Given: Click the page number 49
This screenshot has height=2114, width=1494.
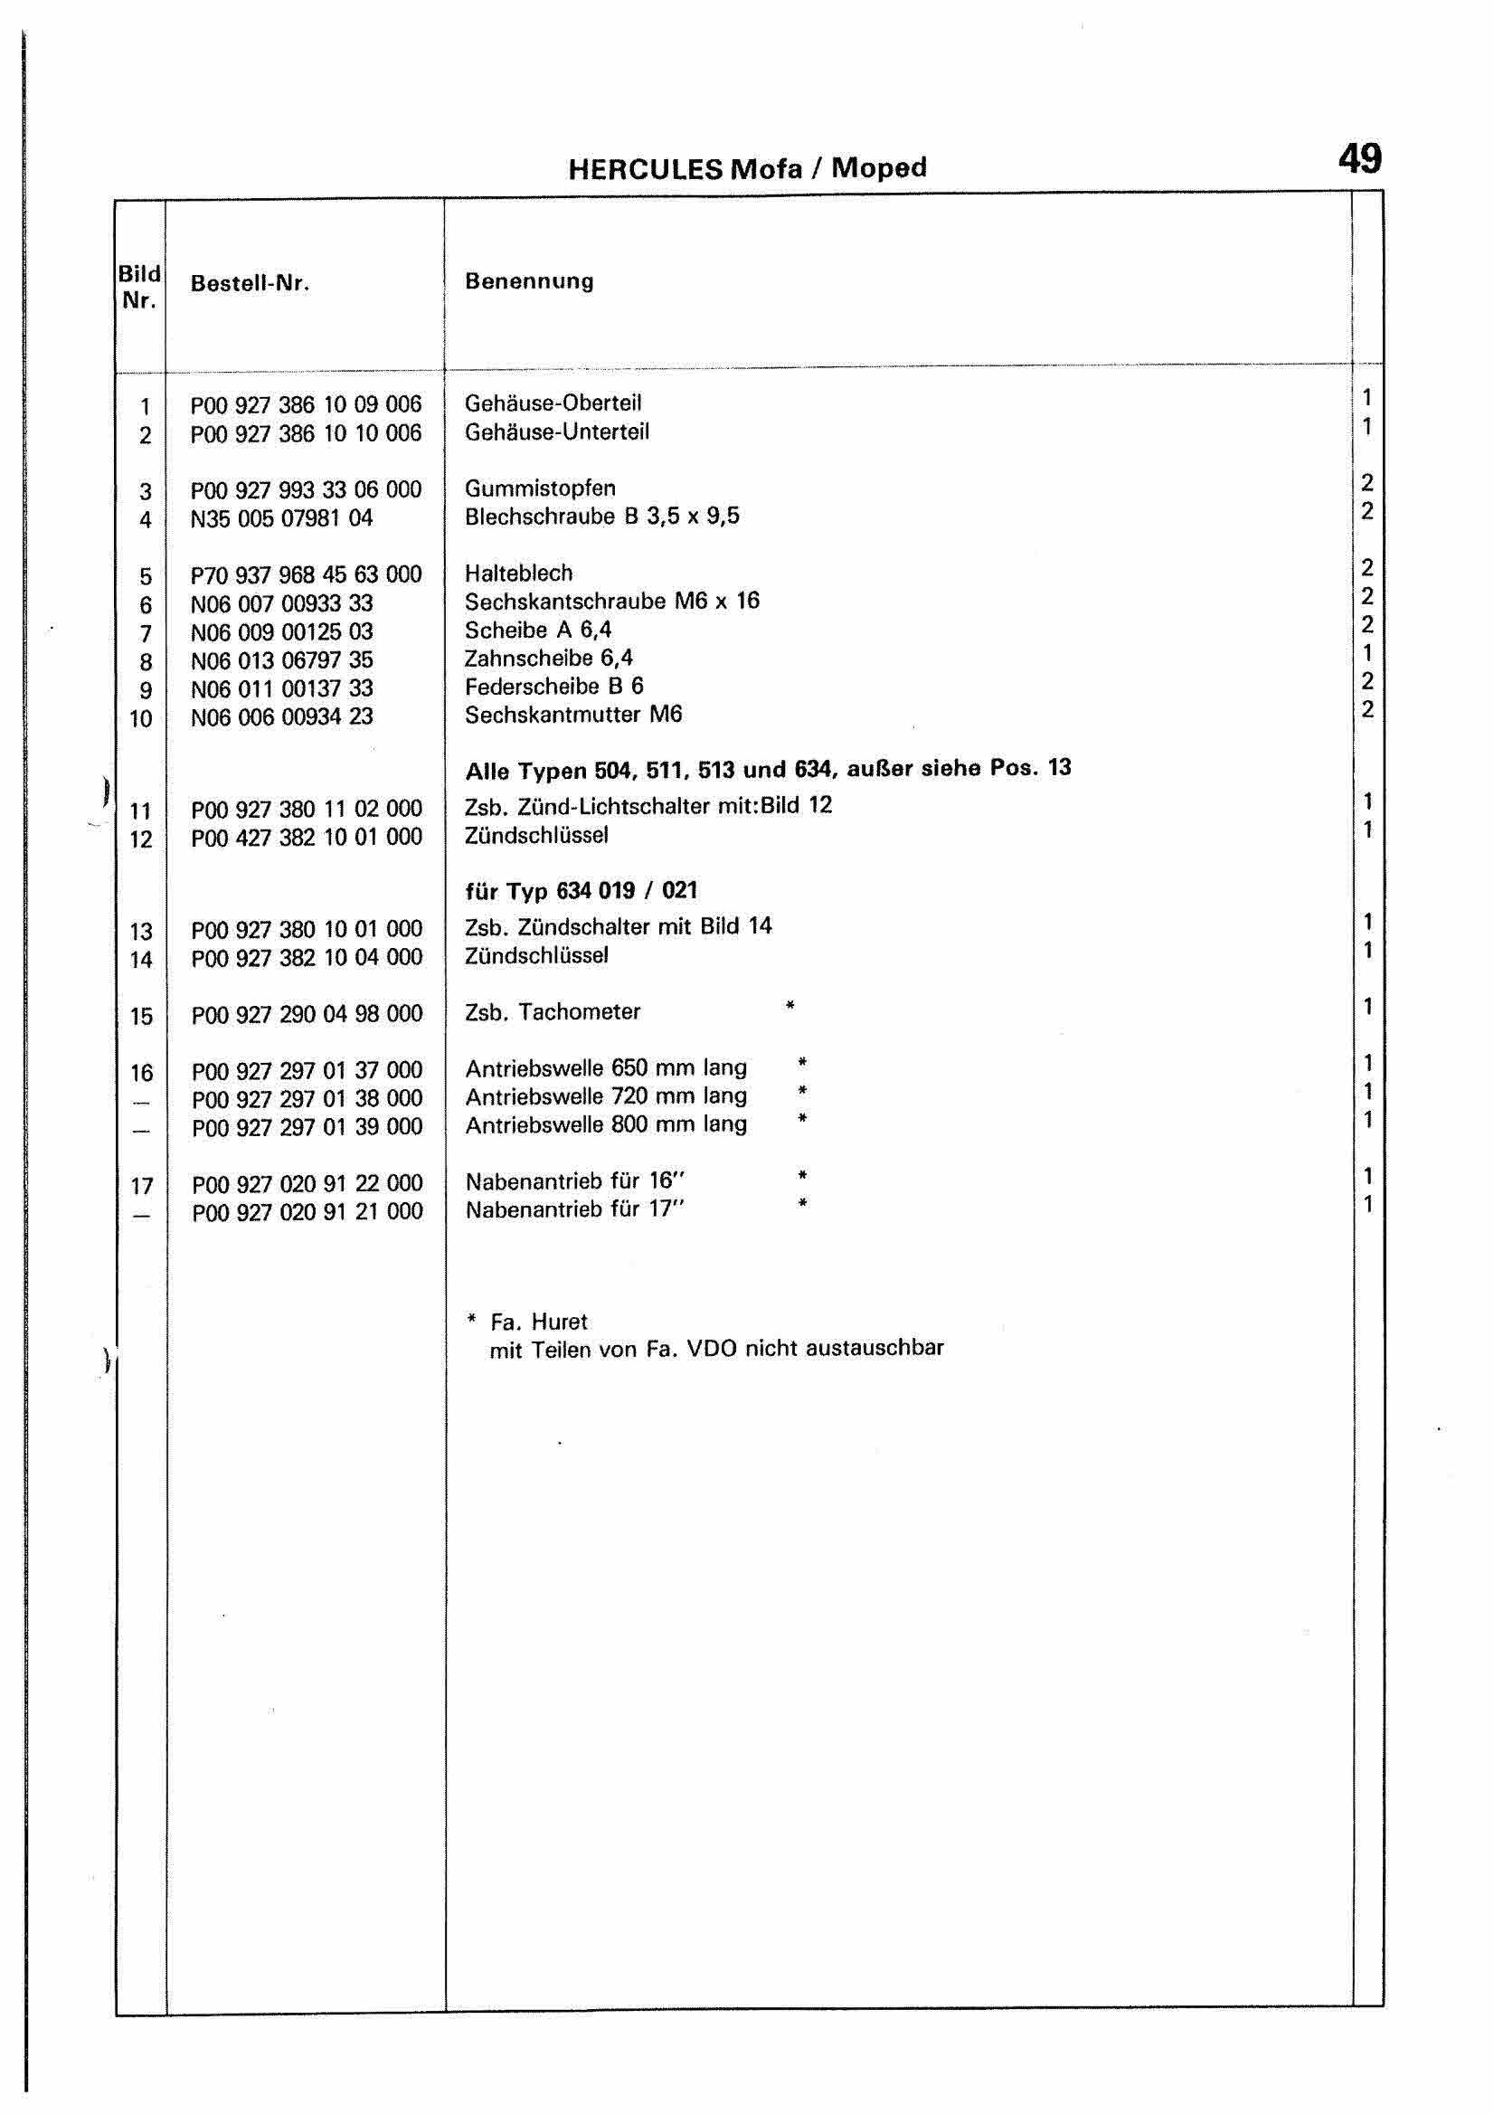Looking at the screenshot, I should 1358,159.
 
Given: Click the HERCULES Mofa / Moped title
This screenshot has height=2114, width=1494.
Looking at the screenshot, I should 746,168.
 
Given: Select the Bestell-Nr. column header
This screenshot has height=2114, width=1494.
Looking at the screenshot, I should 250,284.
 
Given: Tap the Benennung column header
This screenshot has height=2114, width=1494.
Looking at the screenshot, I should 528,280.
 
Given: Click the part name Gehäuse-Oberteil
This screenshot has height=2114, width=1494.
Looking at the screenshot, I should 553,403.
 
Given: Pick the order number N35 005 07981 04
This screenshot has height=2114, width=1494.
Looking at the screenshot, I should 280,518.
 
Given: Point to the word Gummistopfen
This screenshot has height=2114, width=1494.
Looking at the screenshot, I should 539,488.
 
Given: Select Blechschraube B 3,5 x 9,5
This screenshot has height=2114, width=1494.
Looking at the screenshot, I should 601,517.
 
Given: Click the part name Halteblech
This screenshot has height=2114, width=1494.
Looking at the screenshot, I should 518,573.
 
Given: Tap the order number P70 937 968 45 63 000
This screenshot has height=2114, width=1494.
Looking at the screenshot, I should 306,574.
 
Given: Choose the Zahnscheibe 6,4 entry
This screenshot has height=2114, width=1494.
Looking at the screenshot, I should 549,659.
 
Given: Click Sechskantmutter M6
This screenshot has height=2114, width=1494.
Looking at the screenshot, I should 572,715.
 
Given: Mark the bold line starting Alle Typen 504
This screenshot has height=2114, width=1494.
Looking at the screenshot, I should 768,769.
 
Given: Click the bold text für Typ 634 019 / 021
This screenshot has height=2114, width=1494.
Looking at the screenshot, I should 581,891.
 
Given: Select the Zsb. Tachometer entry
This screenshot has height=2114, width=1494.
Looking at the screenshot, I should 553,1012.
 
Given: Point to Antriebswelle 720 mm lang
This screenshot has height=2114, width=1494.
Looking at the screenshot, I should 606,1096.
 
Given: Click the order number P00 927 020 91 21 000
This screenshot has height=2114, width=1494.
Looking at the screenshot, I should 307,1212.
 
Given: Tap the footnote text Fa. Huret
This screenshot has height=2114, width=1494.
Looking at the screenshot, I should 538,1322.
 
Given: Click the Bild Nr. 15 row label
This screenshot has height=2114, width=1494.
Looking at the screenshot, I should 141,1017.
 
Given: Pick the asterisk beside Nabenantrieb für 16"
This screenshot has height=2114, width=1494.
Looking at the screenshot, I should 803,1176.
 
